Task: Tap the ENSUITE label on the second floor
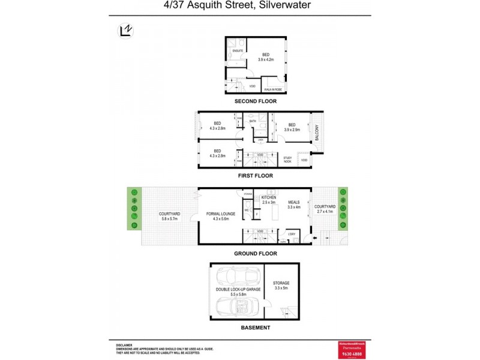point(238,51)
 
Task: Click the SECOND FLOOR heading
point(256,101)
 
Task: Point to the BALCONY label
point(317,133)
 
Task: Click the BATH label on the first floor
point(253,121)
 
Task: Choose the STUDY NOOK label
point(287,160)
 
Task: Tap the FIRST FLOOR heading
point(256,176)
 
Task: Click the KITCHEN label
point(268,197)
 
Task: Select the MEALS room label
point(293,202)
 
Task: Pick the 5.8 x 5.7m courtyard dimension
point(170,219)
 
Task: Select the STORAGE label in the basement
point(281,283)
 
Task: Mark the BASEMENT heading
point(256,328)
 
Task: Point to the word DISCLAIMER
point(124,345)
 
